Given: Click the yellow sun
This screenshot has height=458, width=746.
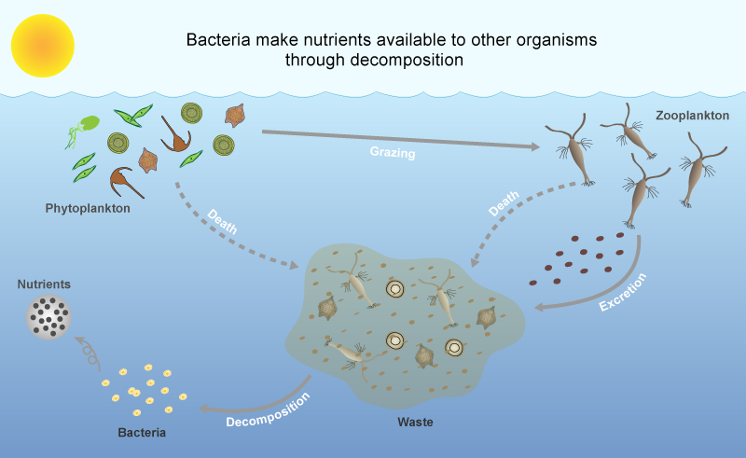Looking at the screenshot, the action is click(43, 46).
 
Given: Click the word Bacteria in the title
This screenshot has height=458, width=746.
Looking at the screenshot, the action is click(218, 39).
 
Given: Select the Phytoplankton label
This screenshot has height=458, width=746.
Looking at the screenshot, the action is click(88, 208).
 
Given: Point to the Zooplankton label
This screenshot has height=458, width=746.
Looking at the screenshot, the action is click(692, 116).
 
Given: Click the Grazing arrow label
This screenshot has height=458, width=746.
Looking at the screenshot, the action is click(393, 152).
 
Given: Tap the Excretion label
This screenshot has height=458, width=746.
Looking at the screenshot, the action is click(622, 292).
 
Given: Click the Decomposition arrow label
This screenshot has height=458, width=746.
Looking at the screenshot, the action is click(268, 409).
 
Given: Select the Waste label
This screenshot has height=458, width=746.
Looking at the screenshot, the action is click(415, 422).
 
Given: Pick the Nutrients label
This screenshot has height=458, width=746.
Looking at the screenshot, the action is click(44, 285).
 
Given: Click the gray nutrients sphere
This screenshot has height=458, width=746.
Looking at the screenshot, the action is click(48, 317).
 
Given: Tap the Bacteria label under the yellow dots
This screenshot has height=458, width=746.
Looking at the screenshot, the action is click(142, 432).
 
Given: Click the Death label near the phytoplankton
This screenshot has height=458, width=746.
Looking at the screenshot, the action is click(222, 221).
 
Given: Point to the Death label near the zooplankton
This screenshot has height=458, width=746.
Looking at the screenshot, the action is click(504, 203).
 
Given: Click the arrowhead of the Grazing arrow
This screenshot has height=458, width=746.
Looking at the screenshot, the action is click(534, 146).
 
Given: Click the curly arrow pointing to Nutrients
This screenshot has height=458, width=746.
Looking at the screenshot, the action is click(89, 352).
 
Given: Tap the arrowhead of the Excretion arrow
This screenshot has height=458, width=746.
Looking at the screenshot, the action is click(540, 308).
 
